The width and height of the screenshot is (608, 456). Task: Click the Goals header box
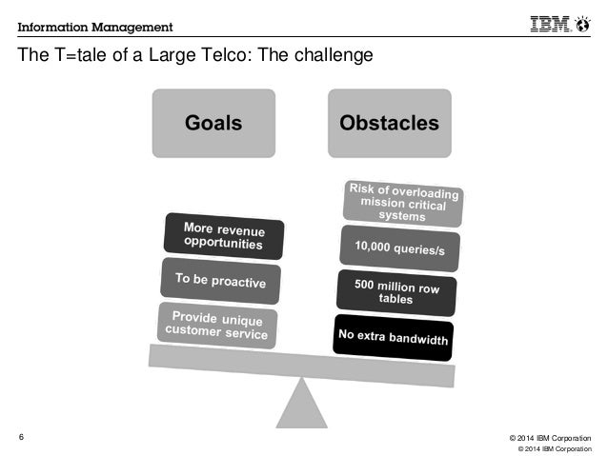(213, 123)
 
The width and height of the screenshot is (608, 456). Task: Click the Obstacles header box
(388, 123)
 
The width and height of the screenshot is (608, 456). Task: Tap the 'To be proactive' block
(221, 280)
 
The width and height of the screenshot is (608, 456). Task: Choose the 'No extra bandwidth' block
(393, 335)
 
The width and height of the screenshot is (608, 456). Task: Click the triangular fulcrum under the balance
(303, 400)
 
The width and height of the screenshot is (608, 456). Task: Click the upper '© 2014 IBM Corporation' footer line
(544, 435)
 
